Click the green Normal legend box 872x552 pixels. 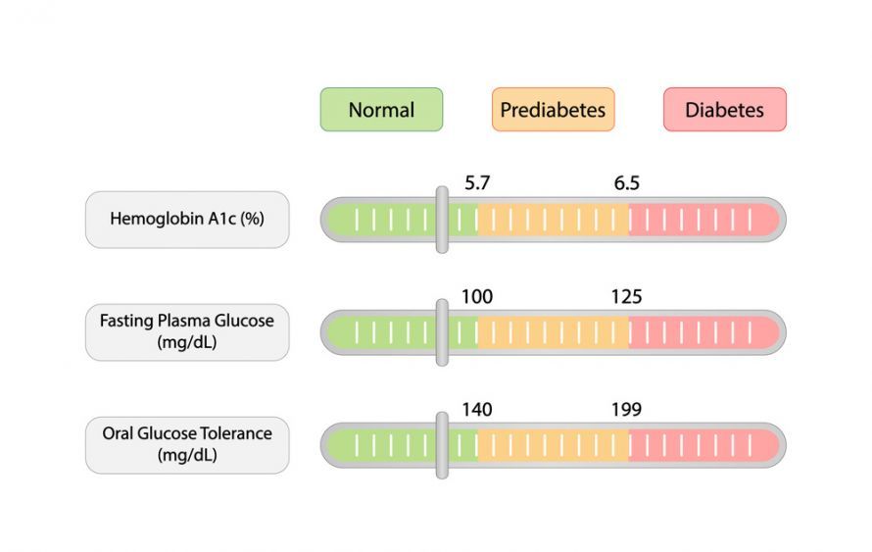pyautogui.click(x=381, y=110)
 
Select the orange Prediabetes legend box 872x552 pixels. pyautogui.click(x=554, y=110)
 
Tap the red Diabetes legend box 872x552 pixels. pyautogui.click(x=725, y=110)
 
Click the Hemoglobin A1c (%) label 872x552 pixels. pyautogui.click(x=187, y=220)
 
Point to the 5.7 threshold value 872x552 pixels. pyautogui.click(x=477, y=183)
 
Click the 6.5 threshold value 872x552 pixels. pyautogui.click(x=627, y=183)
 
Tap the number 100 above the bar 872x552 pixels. pyautogui.click(x=477, y=296)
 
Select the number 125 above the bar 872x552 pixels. pyautogui.click(x=627, y=296)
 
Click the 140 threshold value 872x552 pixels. pyautogui.click(x=477, y=410)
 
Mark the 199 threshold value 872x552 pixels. pyautogui.click(x=627, y=410)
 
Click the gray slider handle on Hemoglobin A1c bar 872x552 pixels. pyautogui.click(x=442, y=220)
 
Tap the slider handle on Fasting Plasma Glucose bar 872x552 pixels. pyautogui.click(x=442, y=332)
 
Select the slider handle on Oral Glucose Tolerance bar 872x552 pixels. pyautogui.click(x=442, y=446)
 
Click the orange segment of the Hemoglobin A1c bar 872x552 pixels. pyautogui.click(x=554, y=220)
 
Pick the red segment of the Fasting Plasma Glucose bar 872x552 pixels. pyautogui.click(x=704, y=332)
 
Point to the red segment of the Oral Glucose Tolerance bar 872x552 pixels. pyautogui.click(x=704, y=446)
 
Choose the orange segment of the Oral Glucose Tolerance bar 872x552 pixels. pyautogui.click(x=554, y=446)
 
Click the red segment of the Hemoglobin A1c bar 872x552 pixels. pyautogui.click(x=704, y=220)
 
